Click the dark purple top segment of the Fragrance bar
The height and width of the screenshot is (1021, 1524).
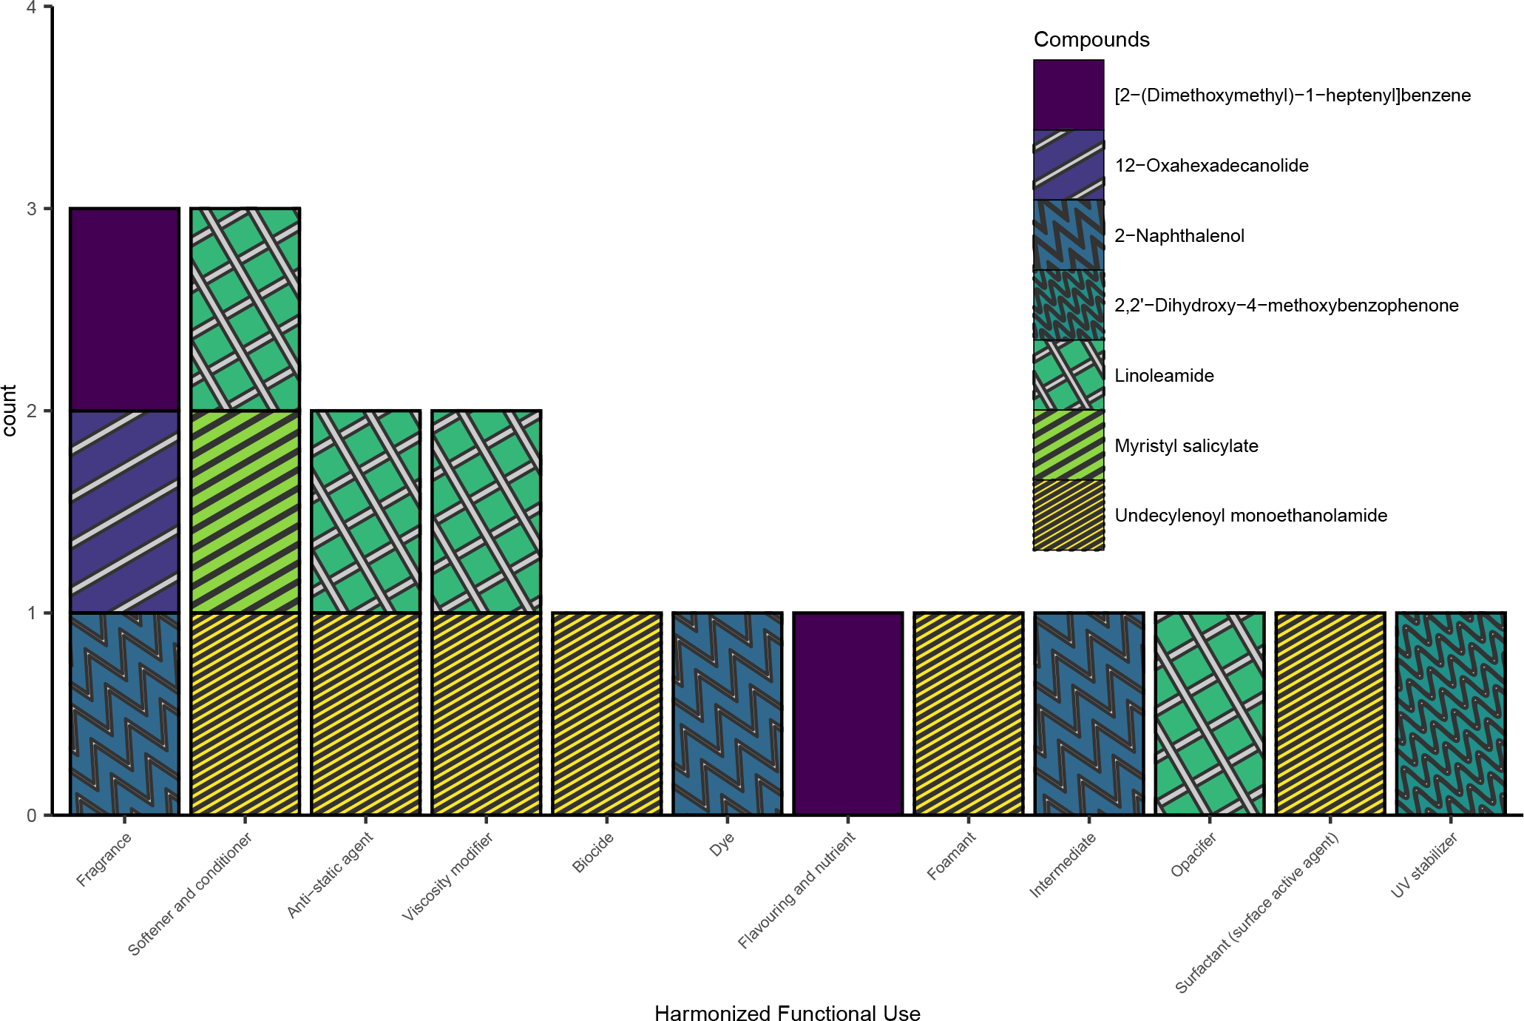124,309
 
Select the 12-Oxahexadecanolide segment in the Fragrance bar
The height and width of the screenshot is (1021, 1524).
124,511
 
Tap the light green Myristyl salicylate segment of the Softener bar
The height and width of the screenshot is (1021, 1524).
245,511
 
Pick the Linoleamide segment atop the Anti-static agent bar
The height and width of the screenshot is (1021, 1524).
365,511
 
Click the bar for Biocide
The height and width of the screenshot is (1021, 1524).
606,713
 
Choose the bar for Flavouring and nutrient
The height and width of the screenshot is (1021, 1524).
847,713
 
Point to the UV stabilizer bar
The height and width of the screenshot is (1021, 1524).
1450,713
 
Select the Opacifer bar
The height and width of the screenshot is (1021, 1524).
1209,713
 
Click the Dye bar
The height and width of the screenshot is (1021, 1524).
727,713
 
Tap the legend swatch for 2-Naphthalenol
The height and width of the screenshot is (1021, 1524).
1069,235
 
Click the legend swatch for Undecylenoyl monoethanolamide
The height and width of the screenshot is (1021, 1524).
1069,515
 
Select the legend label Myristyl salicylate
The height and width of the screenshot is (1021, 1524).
1186,445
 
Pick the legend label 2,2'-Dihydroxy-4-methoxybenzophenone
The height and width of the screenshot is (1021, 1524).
1286,306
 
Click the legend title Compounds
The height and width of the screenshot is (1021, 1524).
1091,39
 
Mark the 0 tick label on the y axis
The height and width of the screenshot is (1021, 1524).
32,815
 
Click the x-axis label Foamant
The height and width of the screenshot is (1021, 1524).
952,856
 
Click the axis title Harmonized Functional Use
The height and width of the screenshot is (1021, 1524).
787,1013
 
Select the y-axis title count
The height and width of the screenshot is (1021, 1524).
10,411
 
